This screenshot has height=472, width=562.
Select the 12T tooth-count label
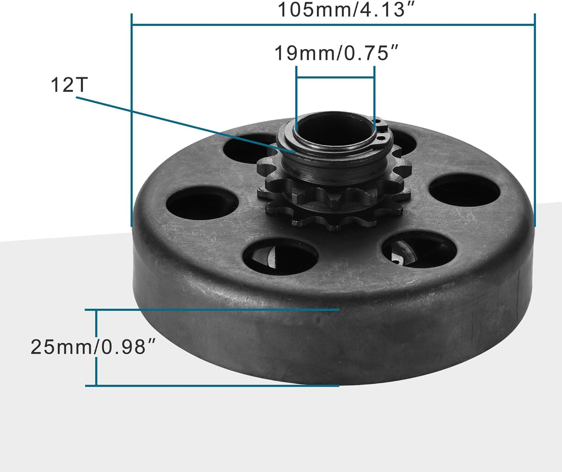pyautogui.click(x=69, y=85)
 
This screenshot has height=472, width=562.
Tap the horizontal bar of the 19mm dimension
pyautogui.click(x=335, y=78)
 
